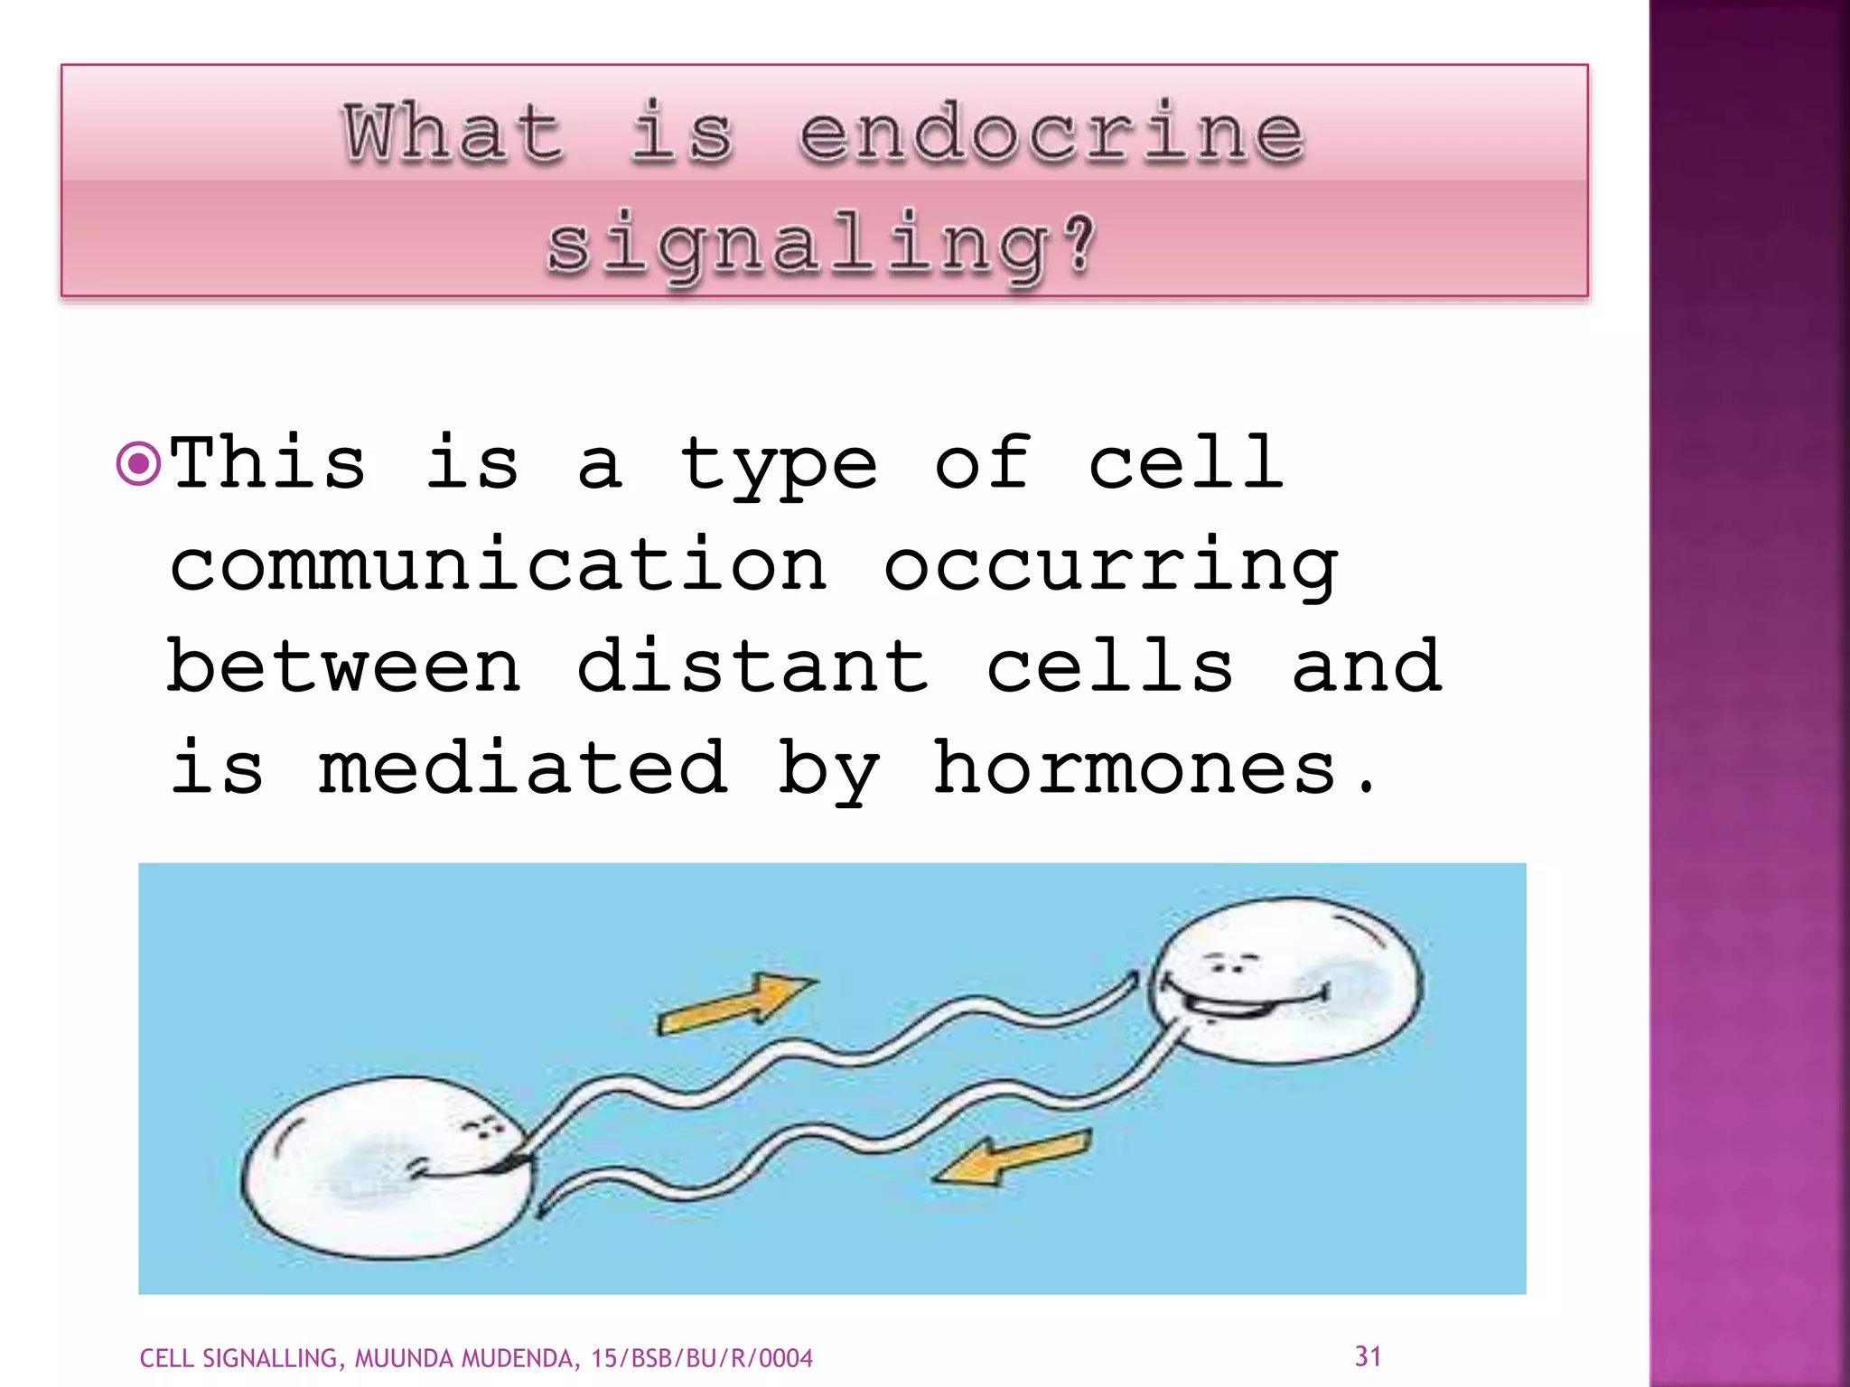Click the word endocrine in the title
point(1051,134)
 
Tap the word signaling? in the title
point(822,244)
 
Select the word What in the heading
point(453,134)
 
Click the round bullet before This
point(139,465)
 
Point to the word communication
point(499,565)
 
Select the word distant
point(752,666)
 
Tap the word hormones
point(1135,768)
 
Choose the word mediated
point(523,768)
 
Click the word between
point(344,666)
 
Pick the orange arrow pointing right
point(735,1002)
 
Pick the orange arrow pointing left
point(1012,1159)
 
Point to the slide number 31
point(1368,1355)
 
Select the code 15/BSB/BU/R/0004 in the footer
point(702,1358)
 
